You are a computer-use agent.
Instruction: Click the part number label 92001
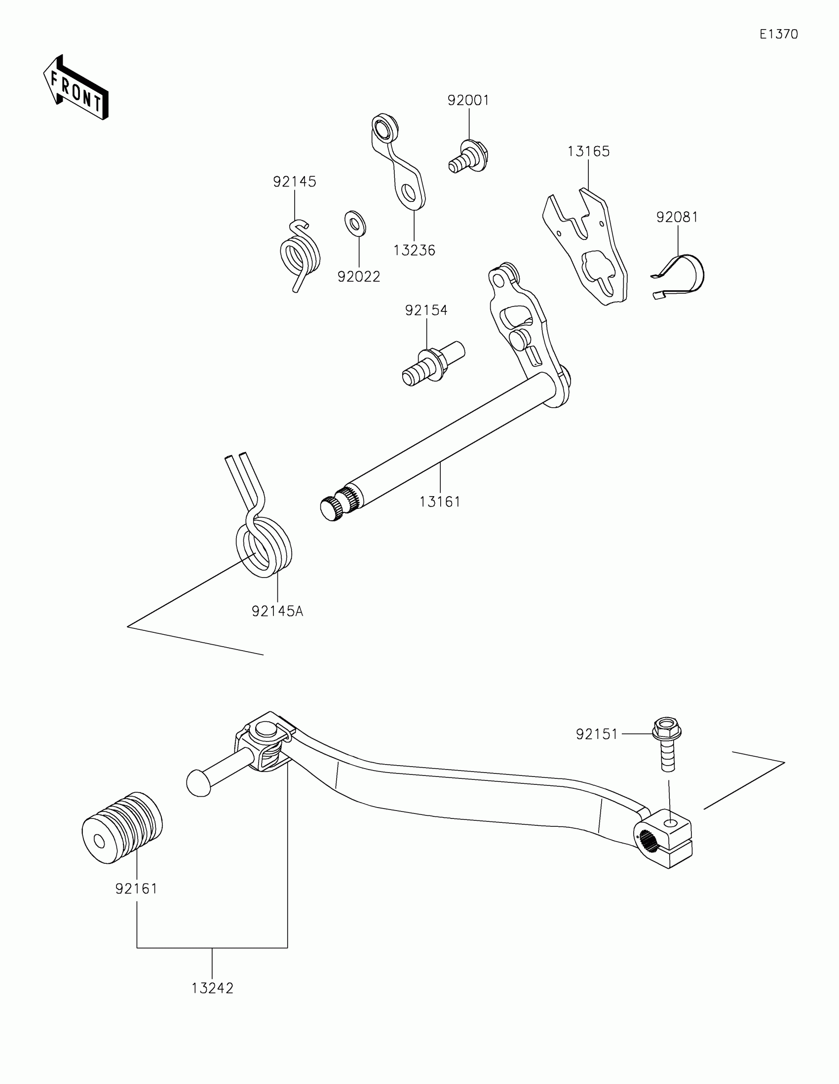468,101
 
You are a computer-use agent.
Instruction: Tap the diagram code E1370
778,34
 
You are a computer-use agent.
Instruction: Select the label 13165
588,152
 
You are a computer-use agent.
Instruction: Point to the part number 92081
677,217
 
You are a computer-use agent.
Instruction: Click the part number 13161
440,503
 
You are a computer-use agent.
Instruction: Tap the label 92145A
277,612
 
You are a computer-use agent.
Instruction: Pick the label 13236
414,251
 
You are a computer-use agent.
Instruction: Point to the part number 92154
426,310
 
